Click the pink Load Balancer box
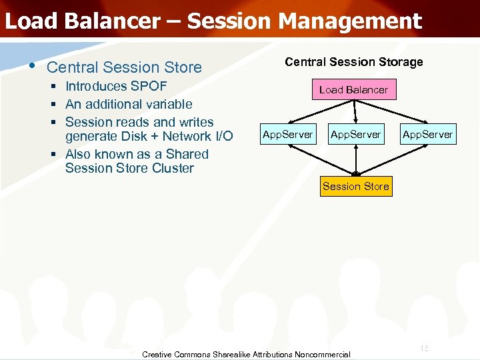point(353,89)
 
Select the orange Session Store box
point(355,186)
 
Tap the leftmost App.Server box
point(287,135)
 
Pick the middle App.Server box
point(355,135)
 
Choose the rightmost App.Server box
point(427,135)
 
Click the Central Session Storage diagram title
point(353,62)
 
